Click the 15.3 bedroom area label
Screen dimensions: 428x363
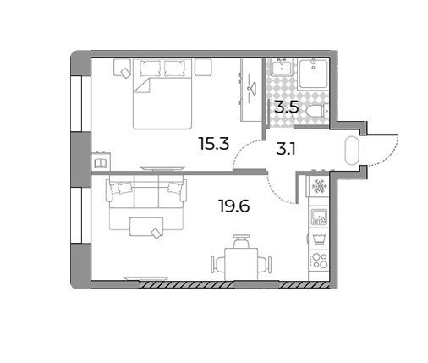[214, 143]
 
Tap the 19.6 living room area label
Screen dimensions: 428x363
[234, 206]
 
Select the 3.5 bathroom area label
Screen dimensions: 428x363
[287, 107]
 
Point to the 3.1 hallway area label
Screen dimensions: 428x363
[286, 150]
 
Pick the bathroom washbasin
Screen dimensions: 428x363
[282, 67]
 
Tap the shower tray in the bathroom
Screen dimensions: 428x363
[313, 74]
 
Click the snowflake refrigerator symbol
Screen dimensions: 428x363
[319, 186]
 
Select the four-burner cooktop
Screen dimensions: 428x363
[319, 261]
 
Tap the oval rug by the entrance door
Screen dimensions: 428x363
[351, 151]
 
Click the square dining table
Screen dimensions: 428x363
[241, 264]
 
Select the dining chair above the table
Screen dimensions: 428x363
[241, 240]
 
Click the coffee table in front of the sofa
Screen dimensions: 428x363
[146, 227]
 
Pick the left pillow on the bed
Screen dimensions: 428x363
[150, 68]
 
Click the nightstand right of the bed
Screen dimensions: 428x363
[203, 67]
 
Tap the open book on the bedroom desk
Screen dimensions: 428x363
[100, 163]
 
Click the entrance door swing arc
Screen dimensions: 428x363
[389, 159]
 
